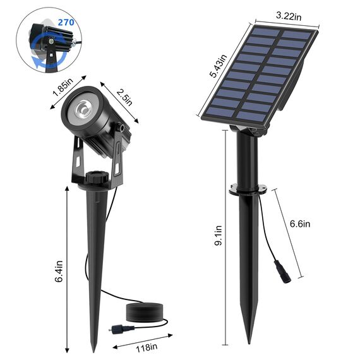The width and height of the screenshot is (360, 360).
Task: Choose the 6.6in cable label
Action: (299, 224)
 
